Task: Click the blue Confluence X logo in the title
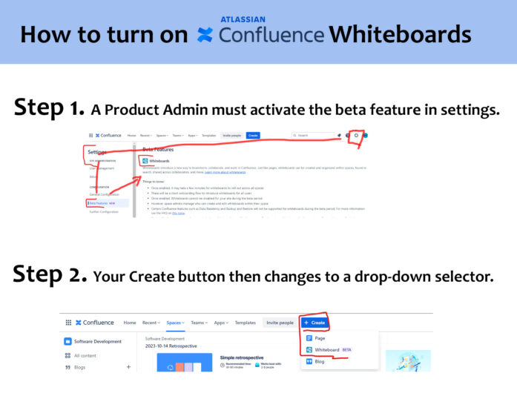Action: click(205, 35)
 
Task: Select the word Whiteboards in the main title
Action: click(400, 35)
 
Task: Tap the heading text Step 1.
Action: click(49, 108)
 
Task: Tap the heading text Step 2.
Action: click(50, 274)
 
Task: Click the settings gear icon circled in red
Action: click(357, 135)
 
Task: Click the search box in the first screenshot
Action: click(312, 136)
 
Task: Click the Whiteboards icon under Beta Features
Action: click(145, 160)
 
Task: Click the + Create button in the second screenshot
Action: click(315, 323)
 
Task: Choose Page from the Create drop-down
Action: click(320, 338)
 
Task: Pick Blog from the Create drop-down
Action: click(320, 362)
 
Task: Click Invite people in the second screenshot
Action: click(279, 323)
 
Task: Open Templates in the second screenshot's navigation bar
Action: click(245, 323)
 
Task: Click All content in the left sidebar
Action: click(86, 355)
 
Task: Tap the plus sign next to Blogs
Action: click(128, 367)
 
